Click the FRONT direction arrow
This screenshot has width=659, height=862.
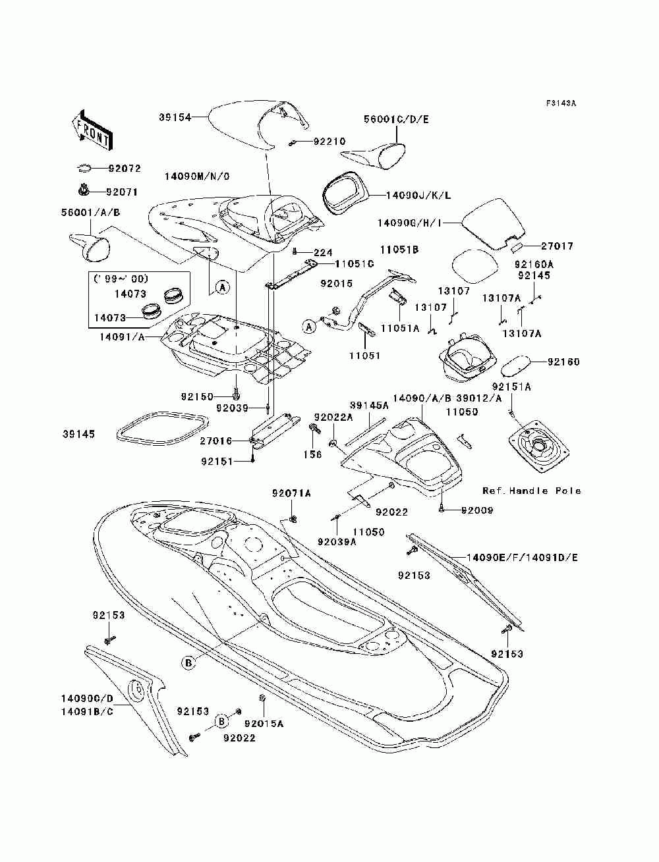[92, 130]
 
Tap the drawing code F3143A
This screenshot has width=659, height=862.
[561, 103]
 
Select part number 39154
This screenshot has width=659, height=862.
[175, 117]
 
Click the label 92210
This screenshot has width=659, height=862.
[329, 142]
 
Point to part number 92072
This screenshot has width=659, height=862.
[125, 169]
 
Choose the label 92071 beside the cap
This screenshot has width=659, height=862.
[122, 192]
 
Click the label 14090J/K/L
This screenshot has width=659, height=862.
[418, 195]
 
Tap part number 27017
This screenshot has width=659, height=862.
[558, 246]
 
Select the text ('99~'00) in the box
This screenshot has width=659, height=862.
[121, 279]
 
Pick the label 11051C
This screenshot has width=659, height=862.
[354, 264]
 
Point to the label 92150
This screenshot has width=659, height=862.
[197, 396]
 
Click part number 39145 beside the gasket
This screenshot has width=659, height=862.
[78, 434]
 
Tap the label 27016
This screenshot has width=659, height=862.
[215, 441]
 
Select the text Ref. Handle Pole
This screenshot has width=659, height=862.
[532, 491]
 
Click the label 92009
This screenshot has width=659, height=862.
[477, 510]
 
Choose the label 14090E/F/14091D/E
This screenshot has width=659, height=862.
[522, 558]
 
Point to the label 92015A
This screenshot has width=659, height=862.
[264, 723]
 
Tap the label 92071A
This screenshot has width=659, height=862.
[291, 493]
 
